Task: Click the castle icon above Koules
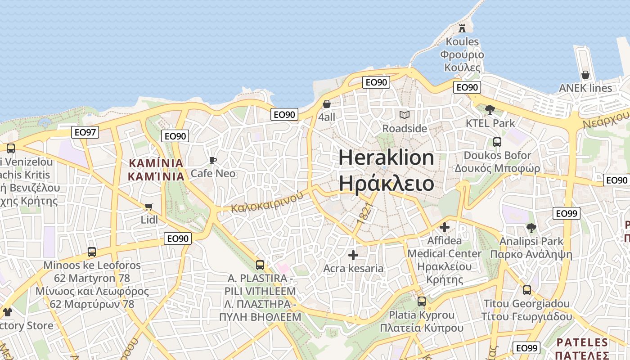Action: pos(462,28)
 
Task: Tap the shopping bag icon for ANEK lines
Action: pos(585,74)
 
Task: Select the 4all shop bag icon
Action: pos(327,104)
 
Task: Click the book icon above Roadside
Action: pos(405,115)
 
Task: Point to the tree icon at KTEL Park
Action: pos(490,109)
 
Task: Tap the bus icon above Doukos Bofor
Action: pos(497,142)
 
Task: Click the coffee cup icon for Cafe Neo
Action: pos(213,160)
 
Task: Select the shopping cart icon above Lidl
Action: pos(149,207)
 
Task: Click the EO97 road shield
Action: pos(85,132)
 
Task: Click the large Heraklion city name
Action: pos(386,171)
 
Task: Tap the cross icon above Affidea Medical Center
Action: pos(445,227)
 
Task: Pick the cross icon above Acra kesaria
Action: pos(353,255)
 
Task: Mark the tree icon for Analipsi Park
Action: pos(531,228)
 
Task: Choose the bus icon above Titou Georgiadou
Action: pos(527,290)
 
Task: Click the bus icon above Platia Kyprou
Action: pos(422,301)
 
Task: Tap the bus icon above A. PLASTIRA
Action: pos(260,265)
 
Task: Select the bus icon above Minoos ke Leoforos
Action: pos(92,252)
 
